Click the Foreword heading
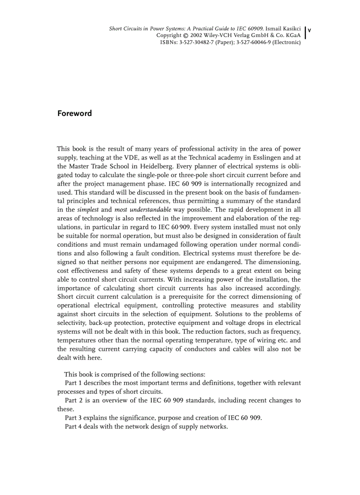coord(75,113)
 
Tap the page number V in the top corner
coord(309,30)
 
